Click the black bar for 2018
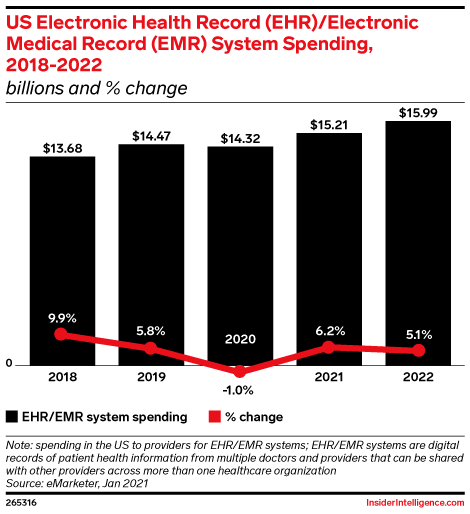(62, 260)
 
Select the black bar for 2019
(151, 255)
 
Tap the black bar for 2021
(329, 250)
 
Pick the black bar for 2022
(418, 245)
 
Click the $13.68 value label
(62, 147)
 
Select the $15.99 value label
(418, 113)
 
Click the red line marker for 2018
(62, 334)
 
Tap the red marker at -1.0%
(240, 371)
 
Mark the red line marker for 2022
(418, 350)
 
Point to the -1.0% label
(240, 390)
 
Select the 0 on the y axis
(8, 364)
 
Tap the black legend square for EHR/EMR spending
(12, 416)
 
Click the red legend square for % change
(214, 416)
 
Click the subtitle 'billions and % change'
(98, 88)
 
